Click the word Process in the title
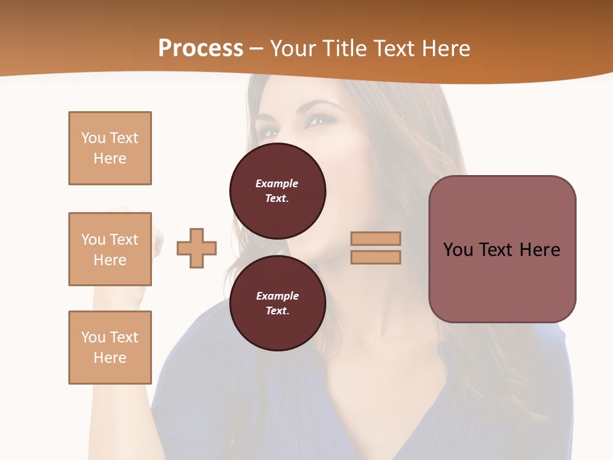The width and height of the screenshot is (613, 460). (201, 49)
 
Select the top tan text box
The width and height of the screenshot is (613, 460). (110, 148)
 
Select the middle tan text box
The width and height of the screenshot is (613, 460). (110, 249)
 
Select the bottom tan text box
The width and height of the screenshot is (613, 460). (110, 347)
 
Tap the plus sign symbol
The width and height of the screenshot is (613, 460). (197, 248)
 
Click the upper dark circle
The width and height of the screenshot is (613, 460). (278, 191)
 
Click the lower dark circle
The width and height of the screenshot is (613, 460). (278, 303)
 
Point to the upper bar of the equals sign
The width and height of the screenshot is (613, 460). (376, 238)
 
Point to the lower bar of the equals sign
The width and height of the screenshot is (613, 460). (376, 257)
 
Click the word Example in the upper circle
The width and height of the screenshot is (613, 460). (276, 183)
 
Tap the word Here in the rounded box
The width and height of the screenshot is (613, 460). (540, 250)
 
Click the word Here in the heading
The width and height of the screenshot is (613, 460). (445, 49)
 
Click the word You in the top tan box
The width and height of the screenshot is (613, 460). (93, 138)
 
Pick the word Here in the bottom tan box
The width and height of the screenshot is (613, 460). (110, 358)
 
